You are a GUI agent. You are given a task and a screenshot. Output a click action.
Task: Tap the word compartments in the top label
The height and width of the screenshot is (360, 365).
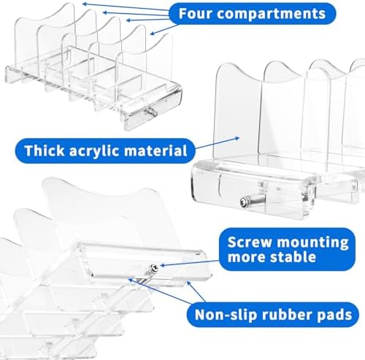[272, 14]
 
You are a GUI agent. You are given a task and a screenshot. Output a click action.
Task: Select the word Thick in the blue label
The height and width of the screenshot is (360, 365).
[45, 150]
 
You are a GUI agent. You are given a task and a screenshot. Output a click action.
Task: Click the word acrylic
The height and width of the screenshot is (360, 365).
[94, 151]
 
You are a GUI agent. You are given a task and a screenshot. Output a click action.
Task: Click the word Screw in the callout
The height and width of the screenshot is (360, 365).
[250, 242]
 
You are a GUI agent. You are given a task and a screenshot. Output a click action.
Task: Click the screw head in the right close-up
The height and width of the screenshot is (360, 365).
[243, 201]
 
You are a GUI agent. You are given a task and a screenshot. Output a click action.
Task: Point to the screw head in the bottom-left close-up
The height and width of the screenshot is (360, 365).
[155, 268]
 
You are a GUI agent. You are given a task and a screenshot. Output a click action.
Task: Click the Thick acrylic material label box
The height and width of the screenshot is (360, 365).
[105, 150]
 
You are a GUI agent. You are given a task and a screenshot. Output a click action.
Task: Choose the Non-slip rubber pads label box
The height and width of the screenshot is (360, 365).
[273, 315]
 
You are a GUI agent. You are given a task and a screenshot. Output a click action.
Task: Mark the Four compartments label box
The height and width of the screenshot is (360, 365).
[253, 14]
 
